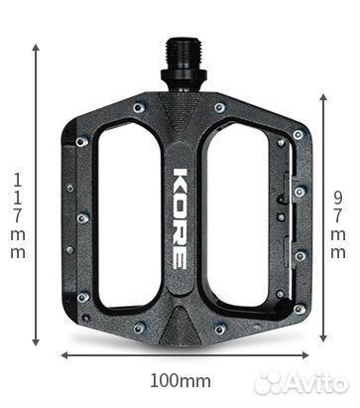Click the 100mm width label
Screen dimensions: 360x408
[x=180, y=380]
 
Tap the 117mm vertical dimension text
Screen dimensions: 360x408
[x=18, y=216]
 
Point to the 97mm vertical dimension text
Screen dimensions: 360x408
[x=338, y=225]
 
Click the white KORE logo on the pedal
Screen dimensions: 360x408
[x=180, y=218]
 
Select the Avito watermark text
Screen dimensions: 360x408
[x=301, y=383]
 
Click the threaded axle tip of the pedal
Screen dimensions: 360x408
[x=183, y=53]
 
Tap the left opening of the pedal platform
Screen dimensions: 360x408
[x=129, y=215]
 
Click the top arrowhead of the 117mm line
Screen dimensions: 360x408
[x=36, y=47]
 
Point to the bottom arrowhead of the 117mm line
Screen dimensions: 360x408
[x=36, y=342]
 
